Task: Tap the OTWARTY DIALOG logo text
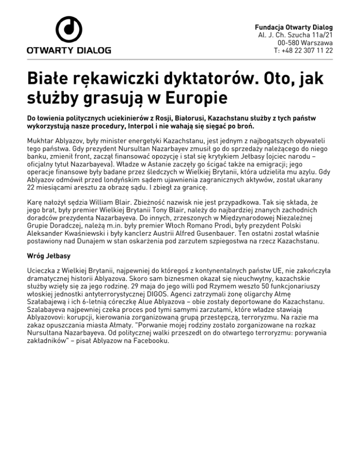[69, 50]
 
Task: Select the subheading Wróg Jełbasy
[50, 256]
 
